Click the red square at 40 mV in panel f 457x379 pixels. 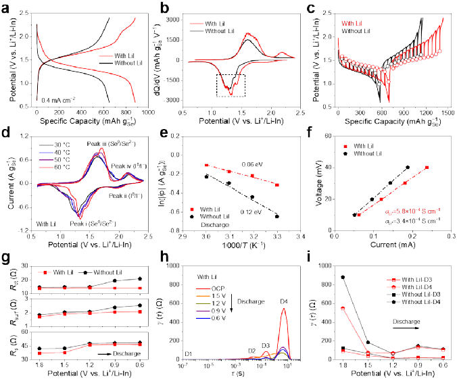point(427,167)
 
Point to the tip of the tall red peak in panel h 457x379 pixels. point(283,309)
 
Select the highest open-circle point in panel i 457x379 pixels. point(343,277)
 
